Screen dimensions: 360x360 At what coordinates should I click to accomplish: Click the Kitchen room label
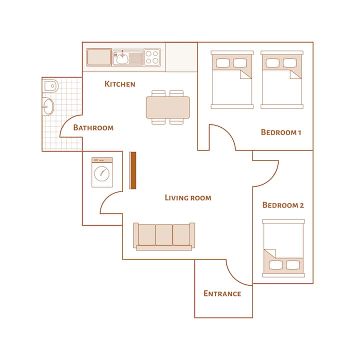(120, 84)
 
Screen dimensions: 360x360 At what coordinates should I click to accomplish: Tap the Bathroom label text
(93, 127)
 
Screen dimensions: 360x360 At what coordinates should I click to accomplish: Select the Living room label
(188, 197)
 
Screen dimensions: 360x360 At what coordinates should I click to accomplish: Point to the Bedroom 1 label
(281, 132)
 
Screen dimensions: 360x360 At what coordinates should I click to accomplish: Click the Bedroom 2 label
(283, 205)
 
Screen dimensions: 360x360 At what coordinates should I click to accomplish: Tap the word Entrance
(222, 293)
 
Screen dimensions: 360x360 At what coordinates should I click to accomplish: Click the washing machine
(102, 172)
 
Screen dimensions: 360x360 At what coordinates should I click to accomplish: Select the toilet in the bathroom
(50, 86)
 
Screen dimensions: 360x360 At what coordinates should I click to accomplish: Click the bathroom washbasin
(48, 106)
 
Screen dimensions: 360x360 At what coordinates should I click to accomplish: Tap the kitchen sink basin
(123, 57)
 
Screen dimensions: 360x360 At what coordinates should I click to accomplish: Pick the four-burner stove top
(152, 57)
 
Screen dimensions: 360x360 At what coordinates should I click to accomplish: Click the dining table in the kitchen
(168, 107)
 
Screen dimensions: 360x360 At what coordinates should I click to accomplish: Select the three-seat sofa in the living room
(164, 236)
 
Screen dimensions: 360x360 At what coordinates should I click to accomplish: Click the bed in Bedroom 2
(283, 248)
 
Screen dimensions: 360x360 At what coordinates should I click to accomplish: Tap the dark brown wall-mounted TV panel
(132, 170)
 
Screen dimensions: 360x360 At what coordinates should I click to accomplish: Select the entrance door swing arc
(234, 278)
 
